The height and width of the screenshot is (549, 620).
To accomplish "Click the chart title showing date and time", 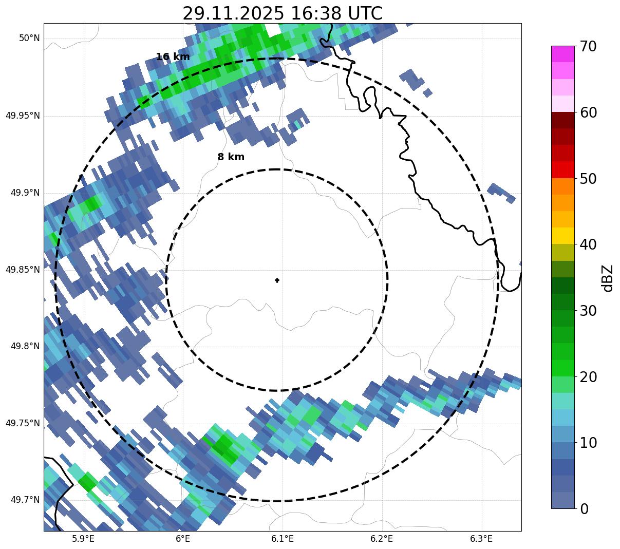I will pyautogui.click(x=282, y=13).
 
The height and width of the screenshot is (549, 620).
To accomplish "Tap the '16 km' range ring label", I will pyautogui.click(x=173, y=57).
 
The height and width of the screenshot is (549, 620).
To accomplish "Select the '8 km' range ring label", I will pyautogui.click(x=231, y=157).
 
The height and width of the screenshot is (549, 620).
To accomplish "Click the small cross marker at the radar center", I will pyautogui.click(x=277, y=280).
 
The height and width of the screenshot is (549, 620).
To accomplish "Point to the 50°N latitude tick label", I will pyautogui.click(x=29, y=39).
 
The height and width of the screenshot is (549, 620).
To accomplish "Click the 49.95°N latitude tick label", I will pyautogui.click(x=23, y=116).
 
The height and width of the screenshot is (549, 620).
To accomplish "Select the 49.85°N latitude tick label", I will pyautogui.click(x=23, y=270).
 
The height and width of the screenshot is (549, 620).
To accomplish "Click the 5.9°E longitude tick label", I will pyautogui.click(x=83, y=539).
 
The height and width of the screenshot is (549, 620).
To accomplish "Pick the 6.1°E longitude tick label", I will pyautogui.click(x=283, y=539).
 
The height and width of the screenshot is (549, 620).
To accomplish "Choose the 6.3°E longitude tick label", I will pyautogui.click(x=481, y=539).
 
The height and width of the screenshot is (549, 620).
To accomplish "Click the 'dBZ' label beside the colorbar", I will pyautogui.click(x=608, y=278).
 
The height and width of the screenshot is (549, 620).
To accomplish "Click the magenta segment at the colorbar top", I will pyautogui.click(x=562, y=54).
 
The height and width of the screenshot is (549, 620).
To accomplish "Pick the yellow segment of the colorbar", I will pyautogui.click(x=562, y=236).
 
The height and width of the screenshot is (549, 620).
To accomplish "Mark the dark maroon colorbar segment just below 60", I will pyautogui.click(x=562, y=120).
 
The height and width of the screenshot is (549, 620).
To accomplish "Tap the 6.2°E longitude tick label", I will pyautogui.click(x=382, y=539).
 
